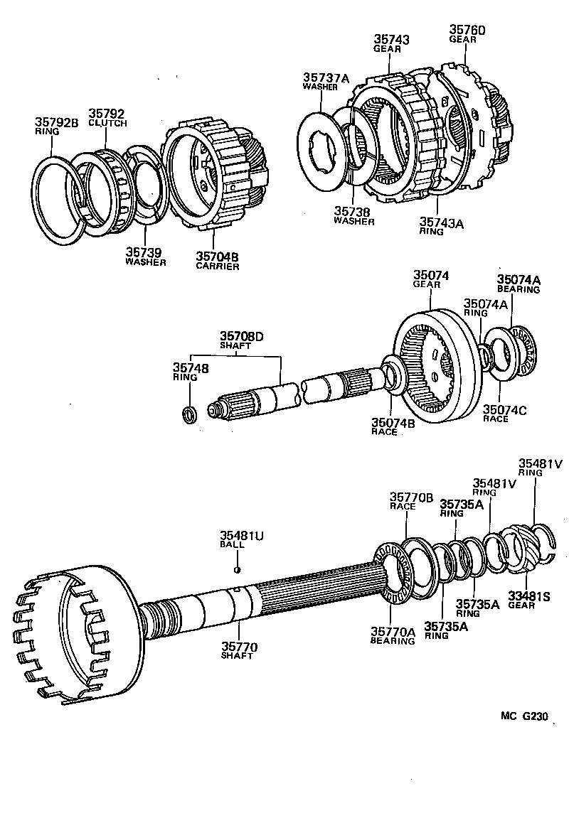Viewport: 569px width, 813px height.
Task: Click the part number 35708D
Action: click(x=240, y=335)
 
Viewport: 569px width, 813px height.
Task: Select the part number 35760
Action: click(x=467, y=30)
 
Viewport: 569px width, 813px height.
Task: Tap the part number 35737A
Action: click(x=326, y=77)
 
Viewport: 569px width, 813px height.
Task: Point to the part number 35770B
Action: click(x=410, y=497)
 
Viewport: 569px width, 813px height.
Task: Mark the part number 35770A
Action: click(x=392, y=631)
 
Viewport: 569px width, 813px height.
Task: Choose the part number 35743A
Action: click(x=441, y=222)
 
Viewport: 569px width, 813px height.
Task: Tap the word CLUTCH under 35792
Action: click(x=107, y=123)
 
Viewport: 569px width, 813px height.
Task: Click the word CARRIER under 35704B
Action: click(x=217, y=266)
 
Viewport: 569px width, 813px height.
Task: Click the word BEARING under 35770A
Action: click(x=392, y=641)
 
